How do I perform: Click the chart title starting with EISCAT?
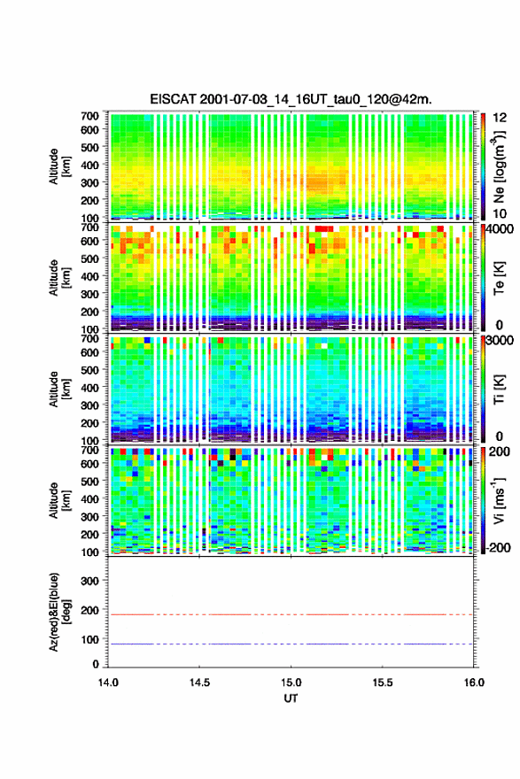tap(291, 99)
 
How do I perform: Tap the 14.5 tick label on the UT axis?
tap(199, 683)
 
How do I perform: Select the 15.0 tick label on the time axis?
tap(291, 683)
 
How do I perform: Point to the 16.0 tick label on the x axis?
tap(474, 683)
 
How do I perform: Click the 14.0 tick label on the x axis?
tap(108, 683)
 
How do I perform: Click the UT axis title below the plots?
tap(291, 698)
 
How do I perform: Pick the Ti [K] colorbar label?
tap(499, 389)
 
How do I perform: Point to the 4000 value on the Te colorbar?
tap(497, 230)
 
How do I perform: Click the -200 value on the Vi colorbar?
tap(497, 547)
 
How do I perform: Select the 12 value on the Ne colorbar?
tap(500, 118)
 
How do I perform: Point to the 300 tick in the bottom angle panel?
tap(90, 581)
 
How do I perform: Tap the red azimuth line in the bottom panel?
tap(291, 614)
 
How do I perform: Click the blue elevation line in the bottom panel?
tap(291, 644)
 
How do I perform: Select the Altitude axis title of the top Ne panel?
tap(59, 166)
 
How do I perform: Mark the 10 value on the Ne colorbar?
tap(500, 213)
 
